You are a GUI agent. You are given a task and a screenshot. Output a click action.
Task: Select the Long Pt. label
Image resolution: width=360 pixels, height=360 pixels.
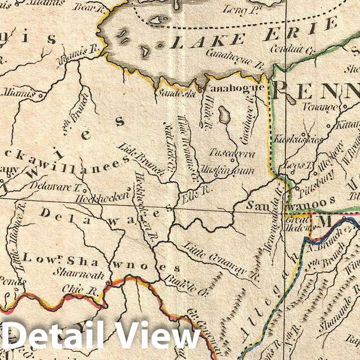(235, 8)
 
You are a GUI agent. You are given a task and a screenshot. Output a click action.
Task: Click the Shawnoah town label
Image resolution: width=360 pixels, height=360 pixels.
(70, 273)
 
